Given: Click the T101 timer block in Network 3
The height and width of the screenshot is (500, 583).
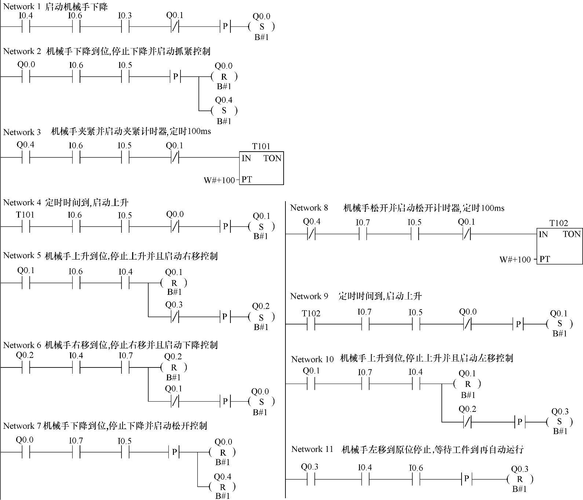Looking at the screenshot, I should click(x=261, y=169).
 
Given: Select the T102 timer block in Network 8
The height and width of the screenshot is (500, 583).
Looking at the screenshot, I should click(x=560, y=247).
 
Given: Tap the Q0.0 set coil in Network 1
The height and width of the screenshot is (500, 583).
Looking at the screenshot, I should click(x=262, y=27).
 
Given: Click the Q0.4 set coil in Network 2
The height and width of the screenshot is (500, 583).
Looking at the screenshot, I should click(x=224, y=110).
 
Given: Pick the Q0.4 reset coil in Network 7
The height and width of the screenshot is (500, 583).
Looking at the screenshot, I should click(x=222, y=487).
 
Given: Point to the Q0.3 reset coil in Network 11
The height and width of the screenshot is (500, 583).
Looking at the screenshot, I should click(x=520, y=479).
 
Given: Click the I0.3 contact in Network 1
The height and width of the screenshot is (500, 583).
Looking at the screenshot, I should click(x=125, y=27).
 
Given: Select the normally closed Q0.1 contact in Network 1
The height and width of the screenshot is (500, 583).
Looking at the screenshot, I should click(x=175, y=27).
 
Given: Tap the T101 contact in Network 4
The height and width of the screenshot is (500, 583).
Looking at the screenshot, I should click(x=25, y=227).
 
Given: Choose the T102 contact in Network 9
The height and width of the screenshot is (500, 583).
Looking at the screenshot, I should click(x=311, y=325).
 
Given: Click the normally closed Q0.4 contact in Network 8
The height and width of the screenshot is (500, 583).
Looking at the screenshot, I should click(x=311, y=234).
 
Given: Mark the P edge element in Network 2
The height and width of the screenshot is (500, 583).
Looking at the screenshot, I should click(x=175, y=77).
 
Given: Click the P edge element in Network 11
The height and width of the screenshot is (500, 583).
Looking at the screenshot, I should click(x=466, y=479).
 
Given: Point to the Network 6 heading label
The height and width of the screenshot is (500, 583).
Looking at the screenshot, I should click(x=22, y=345).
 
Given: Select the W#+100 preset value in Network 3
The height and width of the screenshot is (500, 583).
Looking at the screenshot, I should click(x=219, y=180).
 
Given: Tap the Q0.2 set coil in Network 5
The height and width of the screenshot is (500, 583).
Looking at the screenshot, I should click(x=261, y=317).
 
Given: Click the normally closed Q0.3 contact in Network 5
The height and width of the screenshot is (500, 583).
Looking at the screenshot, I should click(x=174, y=316).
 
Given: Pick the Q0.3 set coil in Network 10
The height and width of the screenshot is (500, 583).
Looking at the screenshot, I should click(x=560, y=422).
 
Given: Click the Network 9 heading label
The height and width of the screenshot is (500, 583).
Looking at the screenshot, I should click(x=309, y=296).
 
